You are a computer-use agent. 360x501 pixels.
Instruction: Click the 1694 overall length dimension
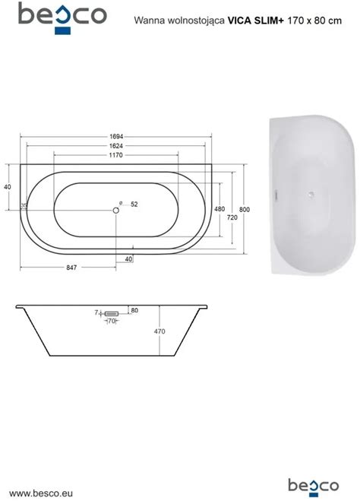tap(116, 136)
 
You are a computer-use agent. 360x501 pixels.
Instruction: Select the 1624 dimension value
tap(116, 146)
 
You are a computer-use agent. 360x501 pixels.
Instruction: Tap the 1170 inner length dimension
tap(115, 155)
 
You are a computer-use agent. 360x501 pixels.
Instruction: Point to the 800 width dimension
tap(245, 210)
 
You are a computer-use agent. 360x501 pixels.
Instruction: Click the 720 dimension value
tap(232, 217)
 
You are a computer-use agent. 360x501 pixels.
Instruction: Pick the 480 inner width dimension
tap(219, 209)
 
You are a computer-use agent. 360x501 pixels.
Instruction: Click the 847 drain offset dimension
tap(71, 268)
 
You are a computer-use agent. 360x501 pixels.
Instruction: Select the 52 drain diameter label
tap(134, 205)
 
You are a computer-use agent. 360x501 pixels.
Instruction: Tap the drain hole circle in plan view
tap(116, 210)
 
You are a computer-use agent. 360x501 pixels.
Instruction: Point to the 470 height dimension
tap(159, 331)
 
